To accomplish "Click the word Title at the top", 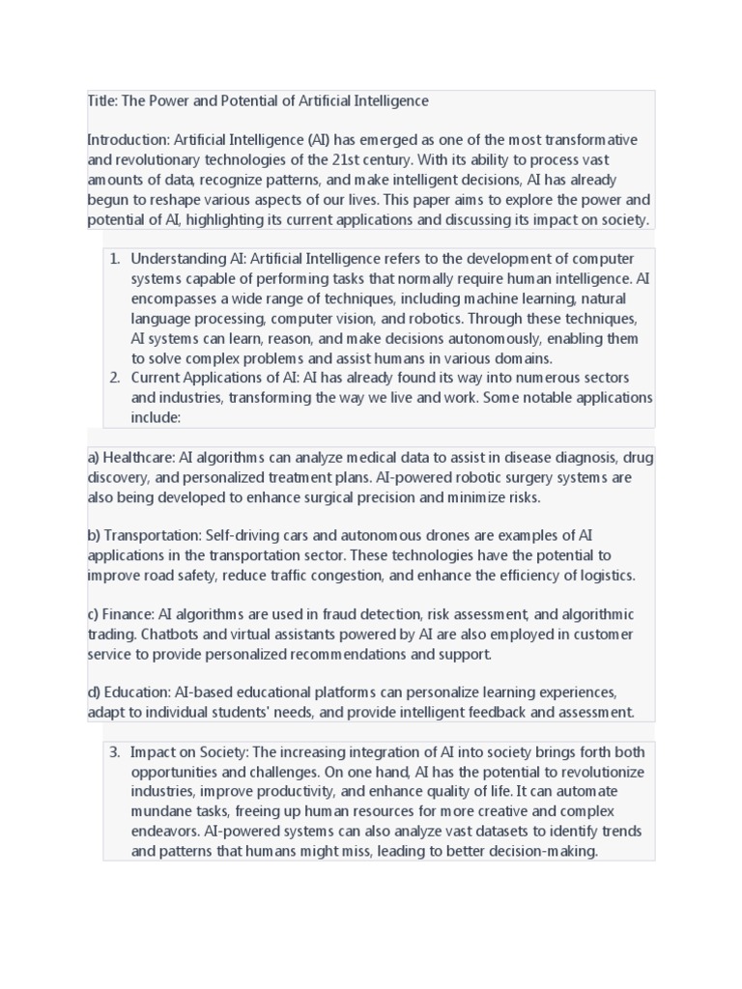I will [100, 101].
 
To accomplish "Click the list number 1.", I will [113, 259].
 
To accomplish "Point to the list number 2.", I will [113, 378].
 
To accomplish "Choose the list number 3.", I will [113, 752].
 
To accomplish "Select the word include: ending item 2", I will [157, 417].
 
